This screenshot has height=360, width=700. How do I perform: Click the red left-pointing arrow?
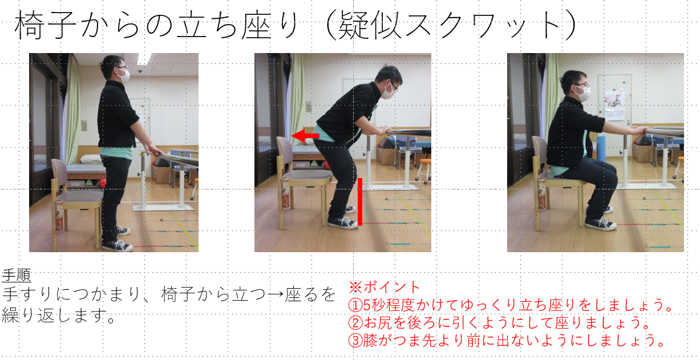coord(305,136)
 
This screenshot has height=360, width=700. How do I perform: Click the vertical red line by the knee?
coord(360,201)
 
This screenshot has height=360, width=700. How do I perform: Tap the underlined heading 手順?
coord(17,276)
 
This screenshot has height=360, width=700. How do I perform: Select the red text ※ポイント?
coord(384,287)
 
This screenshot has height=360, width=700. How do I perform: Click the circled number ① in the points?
coord(355,305)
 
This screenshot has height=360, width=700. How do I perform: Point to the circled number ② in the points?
coord(355,323)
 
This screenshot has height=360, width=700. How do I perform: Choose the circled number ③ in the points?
coord(355,341)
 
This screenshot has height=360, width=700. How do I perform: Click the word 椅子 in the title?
coord(46,25)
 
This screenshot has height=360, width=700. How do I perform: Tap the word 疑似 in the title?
coord(369,25)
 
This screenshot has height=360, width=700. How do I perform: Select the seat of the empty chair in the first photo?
coord(80,196)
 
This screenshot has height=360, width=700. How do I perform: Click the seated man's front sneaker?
coord(600,224)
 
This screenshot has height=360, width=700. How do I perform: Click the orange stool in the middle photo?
coord(424,169)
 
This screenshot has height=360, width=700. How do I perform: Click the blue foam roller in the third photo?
coord(601,148)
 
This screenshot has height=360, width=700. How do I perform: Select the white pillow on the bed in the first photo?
coord(91,159)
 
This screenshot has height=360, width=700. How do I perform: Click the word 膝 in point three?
coord(370,341)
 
